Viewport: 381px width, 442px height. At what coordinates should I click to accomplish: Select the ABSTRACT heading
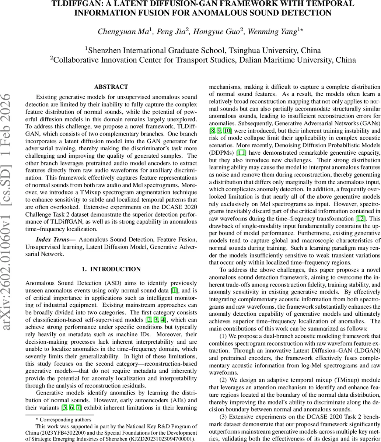pos(111,87)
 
